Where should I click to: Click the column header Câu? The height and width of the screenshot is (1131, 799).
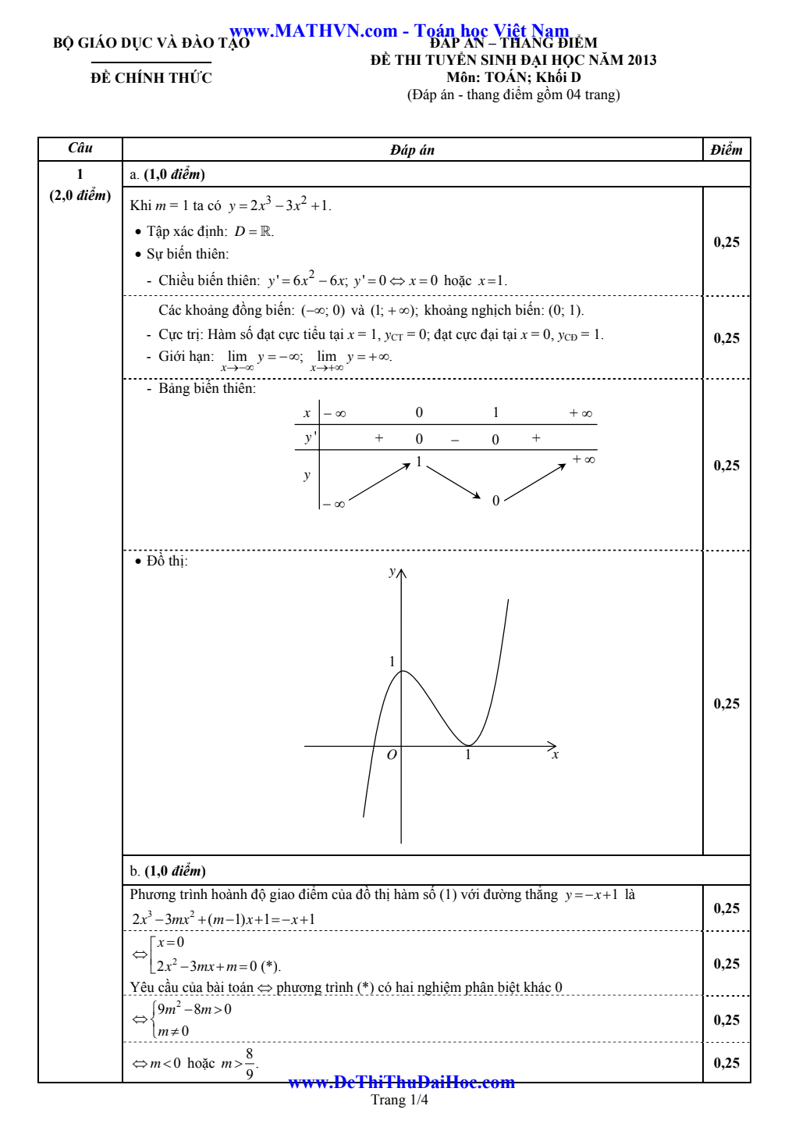(x=80, y=148)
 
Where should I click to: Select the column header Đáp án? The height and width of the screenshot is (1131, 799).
(x=412, y=150)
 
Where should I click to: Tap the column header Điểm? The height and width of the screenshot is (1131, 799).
(x=726, y=150)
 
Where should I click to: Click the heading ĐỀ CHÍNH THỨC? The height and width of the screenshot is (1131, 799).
(x=151, y=78)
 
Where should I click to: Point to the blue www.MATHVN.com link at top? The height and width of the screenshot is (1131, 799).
(x=314, y=31)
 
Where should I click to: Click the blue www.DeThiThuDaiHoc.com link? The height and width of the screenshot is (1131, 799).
(x=401, y=1083)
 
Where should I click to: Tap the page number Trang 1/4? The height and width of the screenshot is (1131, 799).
(x=399, y=1101)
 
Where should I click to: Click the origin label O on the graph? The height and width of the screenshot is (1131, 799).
(x=392, y=755)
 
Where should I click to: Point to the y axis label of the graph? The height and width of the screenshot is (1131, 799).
(x=392, y=572)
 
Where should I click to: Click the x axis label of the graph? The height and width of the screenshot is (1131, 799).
(x=555, y=755)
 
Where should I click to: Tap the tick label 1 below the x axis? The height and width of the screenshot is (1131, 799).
(x=468, y=755)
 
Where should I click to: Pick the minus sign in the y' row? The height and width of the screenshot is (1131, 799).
(x=455, y=440)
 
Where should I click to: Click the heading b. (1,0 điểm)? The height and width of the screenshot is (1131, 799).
(x=168, y=871)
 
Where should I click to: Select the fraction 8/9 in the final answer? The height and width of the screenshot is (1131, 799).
(x=250, y=1064)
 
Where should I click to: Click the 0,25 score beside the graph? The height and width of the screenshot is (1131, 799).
(x=726, y=704)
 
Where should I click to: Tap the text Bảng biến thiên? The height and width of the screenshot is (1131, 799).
(x=207, y=389)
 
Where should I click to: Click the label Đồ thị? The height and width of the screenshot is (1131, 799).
(x=167, y=562)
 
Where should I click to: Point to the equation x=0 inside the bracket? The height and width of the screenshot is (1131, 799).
(x=170, y=943)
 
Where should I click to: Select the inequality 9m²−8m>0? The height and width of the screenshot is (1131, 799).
(x=194, y=1009)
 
